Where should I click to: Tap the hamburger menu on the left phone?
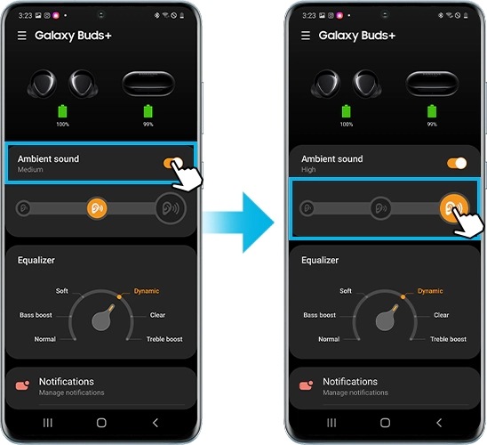pos(21,36)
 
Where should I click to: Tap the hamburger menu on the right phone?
pos(306,36)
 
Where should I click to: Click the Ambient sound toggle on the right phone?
pos(457,163)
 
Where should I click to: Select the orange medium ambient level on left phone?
pos(97,208)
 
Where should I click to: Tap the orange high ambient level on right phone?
pos(454,207)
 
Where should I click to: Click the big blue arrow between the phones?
pos(238,222)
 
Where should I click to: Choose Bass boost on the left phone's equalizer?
pos(36,315)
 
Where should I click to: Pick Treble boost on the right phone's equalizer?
pos(448,339)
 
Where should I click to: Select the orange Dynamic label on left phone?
pos(147,291)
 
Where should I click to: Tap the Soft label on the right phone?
pos(346,291)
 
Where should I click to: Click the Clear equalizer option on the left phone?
pos(157,315)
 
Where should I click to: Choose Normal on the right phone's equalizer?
pos(329,339)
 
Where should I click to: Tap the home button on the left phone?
pos(101,423)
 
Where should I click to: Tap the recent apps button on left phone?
pos(47,423)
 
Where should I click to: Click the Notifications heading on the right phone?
pos(350,382)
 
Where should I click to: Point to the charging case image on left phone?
pos(148,84)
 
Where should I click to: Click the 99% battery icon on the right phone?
pos(432,111)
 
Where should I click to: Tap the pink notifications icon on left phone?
pos(22,385)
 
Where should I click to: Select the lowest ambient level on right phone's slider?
pos(307,208)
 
